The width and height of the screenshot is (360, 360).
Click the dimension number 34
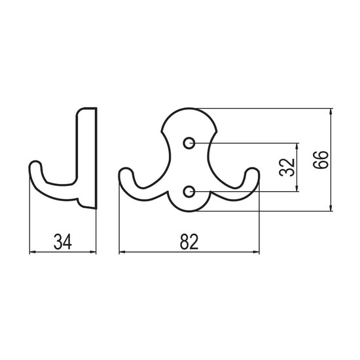[x=63, y=242]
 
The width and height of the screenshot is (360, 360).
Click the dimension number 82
[x=189, y=242]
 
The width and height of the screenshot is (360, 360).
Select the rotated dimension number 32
[x=287, y=167]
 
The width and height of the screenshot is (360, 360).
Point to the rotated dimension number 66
[x=321, y=160]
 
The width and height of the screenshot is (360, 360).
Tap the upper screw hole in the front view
[x=189, y=143]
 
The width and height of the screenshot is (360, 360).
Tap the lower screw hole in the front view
[x=189, y=191]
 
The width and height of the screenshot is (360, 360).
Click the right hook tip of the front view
[x=253, y=170]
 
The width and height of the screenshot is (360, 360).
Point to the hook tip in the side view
[x=35, y=162]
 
